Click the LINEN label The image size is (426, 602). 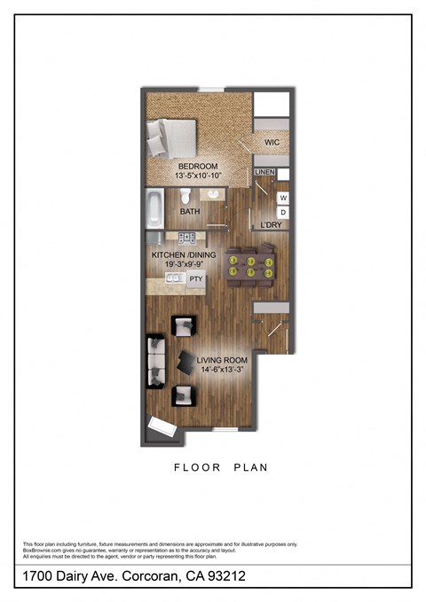pyautogui.click(x=264, y=172)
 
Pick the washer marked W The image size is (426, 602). pyautogui.click(x=283, y=198)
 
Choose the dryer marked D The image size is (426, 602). pyautogui.click(x=283, y=213)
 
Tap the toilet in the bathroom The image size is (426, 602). pyautogui.click(x=186, y=197)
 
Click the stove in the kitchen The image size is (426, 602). pyautogui.click(x=187, y=237)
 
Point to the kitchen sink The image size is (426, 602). pyautogui.click(x=173, y=278)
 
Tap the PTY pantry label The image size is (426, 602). pyautogui.click(x=196, y=278)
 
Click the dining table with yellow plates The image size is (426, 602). pyautogui.click(x=251, y=267)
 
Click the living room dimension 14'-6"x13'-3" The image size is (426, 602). pyautogui.click(x=220, y=369)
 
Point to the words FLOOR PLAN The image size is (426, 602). pyautogui.click(x=220, y=466)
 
